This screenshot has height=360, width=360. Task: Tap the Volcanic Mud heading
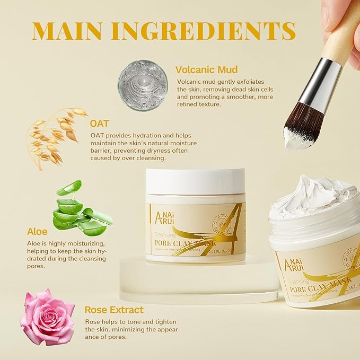click(x=206, y=69)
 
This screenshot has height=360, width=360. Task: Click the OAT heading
click(x=100, y=124)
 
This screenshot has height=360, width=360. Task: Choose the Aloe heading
click(x=38, y=232)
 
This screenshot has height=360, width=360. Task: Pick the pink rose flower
click(x=47, y=317)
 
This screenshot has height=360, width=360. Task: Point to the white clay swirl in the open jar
click(x=313, y=196)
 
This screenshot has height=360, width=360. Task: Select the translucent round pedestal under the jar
click(x=199, y=281)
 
